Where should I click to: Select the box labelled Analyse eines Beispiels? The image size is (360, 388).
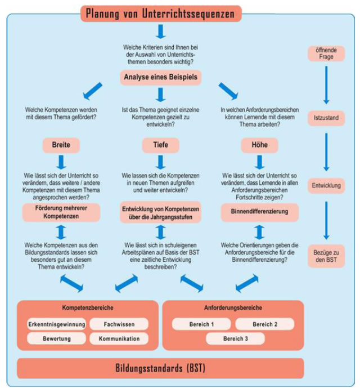click(160, 77)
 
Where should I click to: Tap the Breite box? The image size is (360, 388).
click(61, 145)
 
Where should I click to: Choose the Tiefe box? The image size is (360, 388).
click(160, 145)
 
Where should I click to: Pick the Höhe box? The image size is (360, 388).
click(259, 145)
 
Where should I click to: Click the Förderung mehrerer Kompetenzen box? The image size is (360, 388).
click(61, 212)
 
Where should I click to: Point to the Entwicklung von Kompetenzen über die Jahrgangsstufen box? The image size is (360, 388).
click(160, 212)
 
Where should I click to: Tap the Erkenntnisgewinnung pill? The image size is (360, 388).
click(56, 324)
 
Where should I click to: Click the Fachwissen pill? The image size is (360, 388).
click(119, 324)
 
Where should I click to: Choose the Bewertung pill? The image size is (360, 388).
click(56, 339)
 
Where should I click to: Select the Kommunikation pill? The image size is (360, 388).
click(119, 339)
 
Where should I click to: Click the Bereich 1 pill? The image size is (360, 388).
click(201, 324)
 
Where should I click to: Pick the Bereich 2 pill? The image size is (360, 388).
click(264, 324)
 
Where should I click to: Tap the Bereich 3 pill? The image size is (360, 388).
click(235, 339)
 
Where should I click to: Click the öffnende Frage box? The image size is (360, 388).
click(326, 54)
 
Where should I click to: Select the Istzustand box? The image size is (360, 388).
click(326, 118)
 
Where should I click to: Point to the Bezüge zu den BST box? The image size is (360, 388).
click(326, 257)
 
